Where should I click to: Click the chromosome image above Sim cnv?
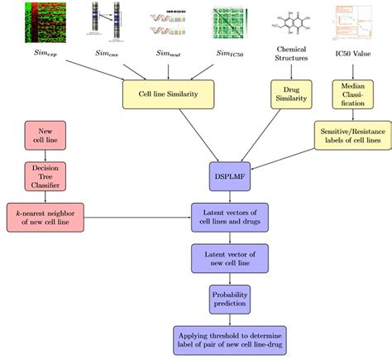coord(105,22)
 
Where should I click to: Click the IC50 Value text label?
coord(352,53)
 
